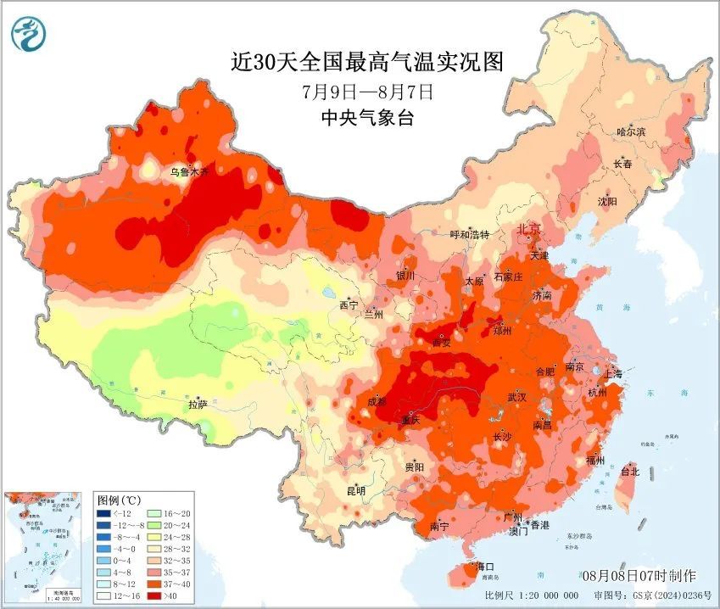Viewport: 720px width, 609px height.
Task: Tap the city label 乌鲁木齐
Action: coord(189,172)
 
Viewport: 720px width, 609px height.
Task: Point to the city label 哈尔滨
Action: coord(631,132)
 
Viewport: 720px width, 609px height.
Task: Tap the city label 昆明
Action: coord(355,491)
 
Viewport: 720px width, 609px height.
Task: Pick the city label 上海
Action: coord(611,374)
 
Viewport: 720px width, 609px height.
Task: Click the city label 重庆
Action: coord(411,419)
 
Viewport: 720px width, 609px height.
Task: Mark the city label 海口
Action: coord(484,566)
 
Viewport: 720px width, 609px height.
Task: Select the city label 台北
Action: coord(629,471)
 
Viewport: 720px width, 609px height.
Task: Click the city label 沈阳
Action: coord(607,202)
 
